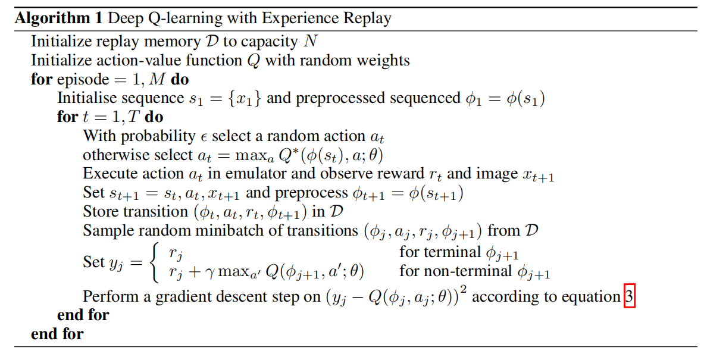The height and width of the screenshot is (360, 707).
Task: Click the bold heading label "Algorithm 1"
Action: [x=58, y=18]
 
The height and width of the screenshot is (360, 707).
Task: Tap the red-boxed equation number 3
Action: [x=630, y=296]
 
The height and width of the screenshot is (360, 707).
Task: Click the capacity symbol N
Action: [x=310, y=42]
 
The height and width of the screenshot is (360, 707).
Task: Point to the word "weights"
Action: [x=382, y=61]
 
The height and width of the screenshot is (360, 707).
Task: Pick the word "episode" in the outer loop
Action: [x=83, y=80]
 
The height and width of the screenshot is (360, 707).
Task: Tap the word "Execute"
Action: [x=108, y=174]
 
